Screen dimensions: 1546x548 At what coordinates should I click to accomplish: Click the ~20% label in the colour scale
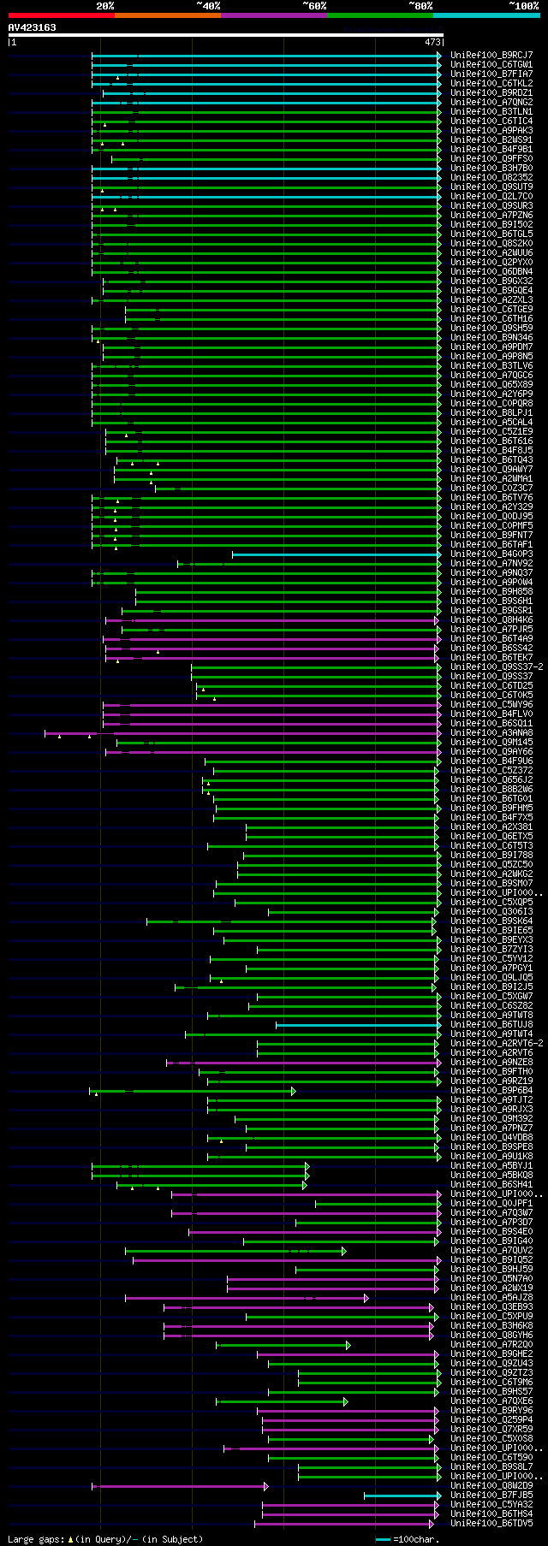pyautogui.click(x=105, y=6)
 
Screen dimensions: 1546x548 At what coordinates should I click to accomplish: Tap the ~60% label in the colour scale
pyautogui.click(x=314, y=6)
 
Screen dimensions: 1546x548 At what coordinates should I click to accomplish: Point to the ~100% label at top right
pyautogui.click(x=523, y=6)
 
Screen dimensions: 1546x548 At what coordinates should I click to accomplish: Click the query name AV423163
pyautogui.click(x=33, y=27)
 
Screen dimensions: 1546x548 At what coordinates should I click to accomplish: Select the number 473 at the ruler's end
pyautogui.click(x=432, y=41)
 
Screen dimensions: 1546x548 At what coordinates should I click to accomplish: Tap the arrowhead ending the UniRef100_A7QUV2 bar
pyautogui.click(x=344, y=1251)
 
